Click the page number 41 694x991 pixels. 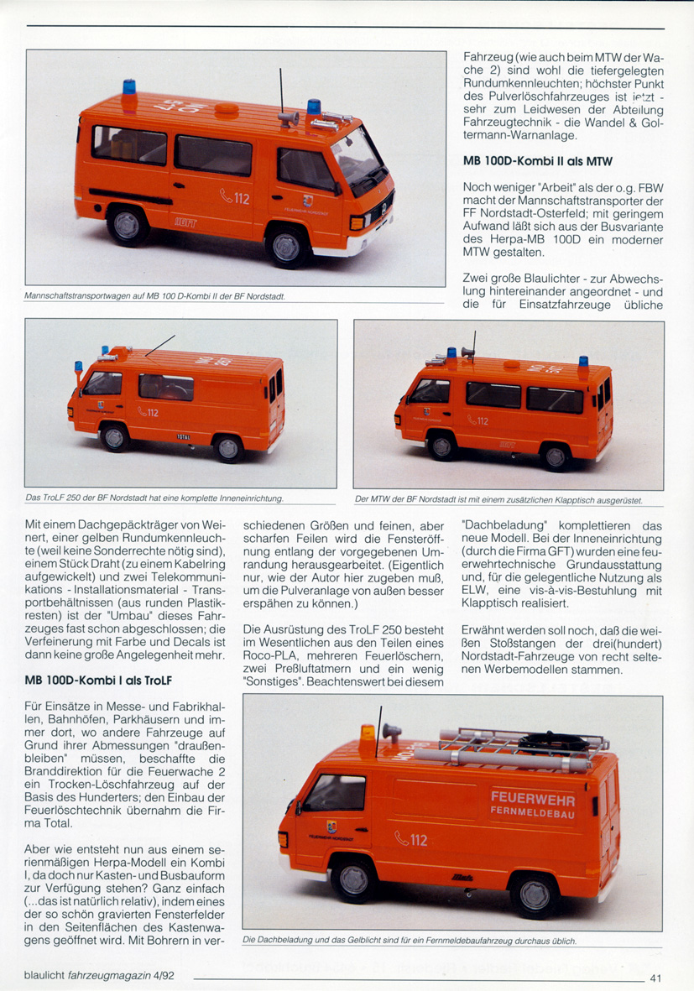[656, 977]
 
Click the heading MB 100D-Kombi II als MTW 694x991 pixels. [537, 161]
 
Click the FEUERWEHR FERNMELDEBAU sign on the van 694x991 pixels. [533, 804]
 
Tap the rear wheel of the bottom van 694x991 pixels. [534, 894]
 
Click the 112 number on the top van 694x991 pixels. [236, 198]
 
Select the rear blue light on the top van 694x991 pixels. [130, 86]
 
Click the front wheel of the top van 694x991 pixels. [285, 247]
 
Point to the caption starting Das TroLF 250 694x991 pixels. [154, 498]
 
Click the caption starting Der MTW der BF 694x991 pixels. [498, 500]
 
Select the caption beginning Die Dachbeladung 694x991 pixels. [409, 941]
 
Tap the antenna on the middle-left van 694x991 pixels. [159, 345]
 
